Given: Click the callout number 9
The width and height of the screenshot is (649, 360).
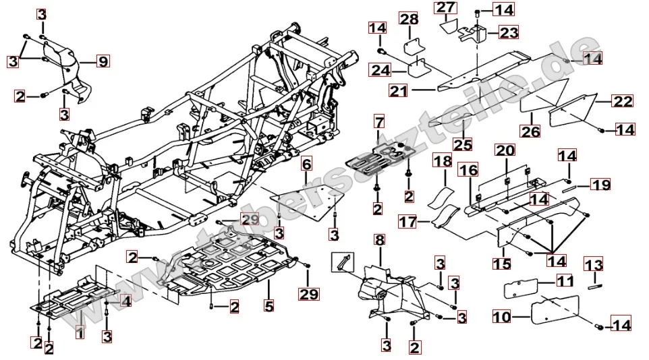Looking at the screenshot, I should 102,62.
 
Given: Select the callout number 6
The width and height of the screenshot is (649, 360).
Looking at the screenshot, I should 306,164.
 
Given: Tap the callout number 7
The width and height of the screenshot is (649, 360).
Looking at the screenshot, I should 379,123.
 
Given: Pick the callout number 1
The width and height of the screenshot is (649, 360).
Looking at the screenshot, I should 80,331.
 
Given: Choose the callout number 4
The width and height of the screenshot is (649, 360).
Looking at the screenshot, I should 125,301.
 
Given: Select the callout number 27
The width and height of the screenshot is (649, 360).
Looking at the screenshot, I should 445,8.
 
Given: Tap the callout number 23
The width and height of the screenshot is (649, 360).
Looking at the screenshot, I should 509,32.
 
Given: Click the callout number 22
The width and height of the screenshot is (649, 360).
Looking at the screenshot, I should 622,101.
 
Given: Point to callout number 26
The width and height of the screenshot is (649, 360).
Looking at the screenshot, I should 531,131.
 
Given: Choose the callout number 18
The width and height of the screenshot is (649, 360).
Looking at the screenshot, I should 442,161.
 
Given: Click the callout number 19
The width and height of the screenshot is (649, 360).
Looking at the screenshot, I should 600,183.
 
